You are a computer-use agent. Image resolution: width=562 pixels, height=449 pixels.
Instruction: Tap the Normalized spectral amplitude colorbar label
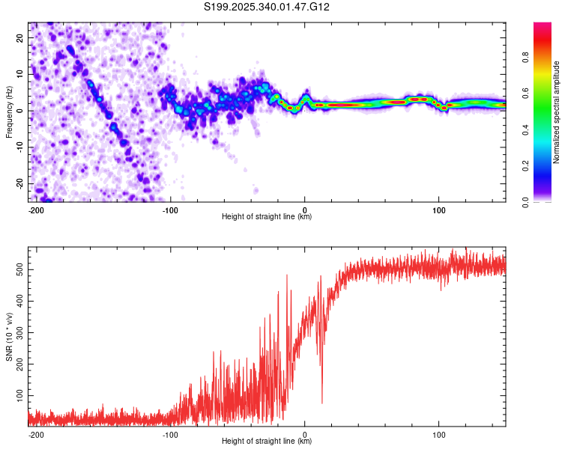(557, 112)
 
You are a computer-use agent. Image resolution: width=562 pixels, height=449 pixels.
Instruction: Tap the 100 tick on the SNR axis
(18, 394)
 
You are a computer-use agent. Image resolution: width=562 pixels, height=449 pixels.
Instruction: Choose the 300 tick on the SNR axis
(18, 329)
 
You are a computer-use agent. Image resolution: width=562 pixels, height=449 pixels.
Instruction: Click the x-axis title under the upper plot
(267, 217)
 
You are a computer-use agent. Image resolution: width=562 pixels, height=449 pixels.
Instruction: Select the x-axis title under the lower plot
(267, 442)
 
